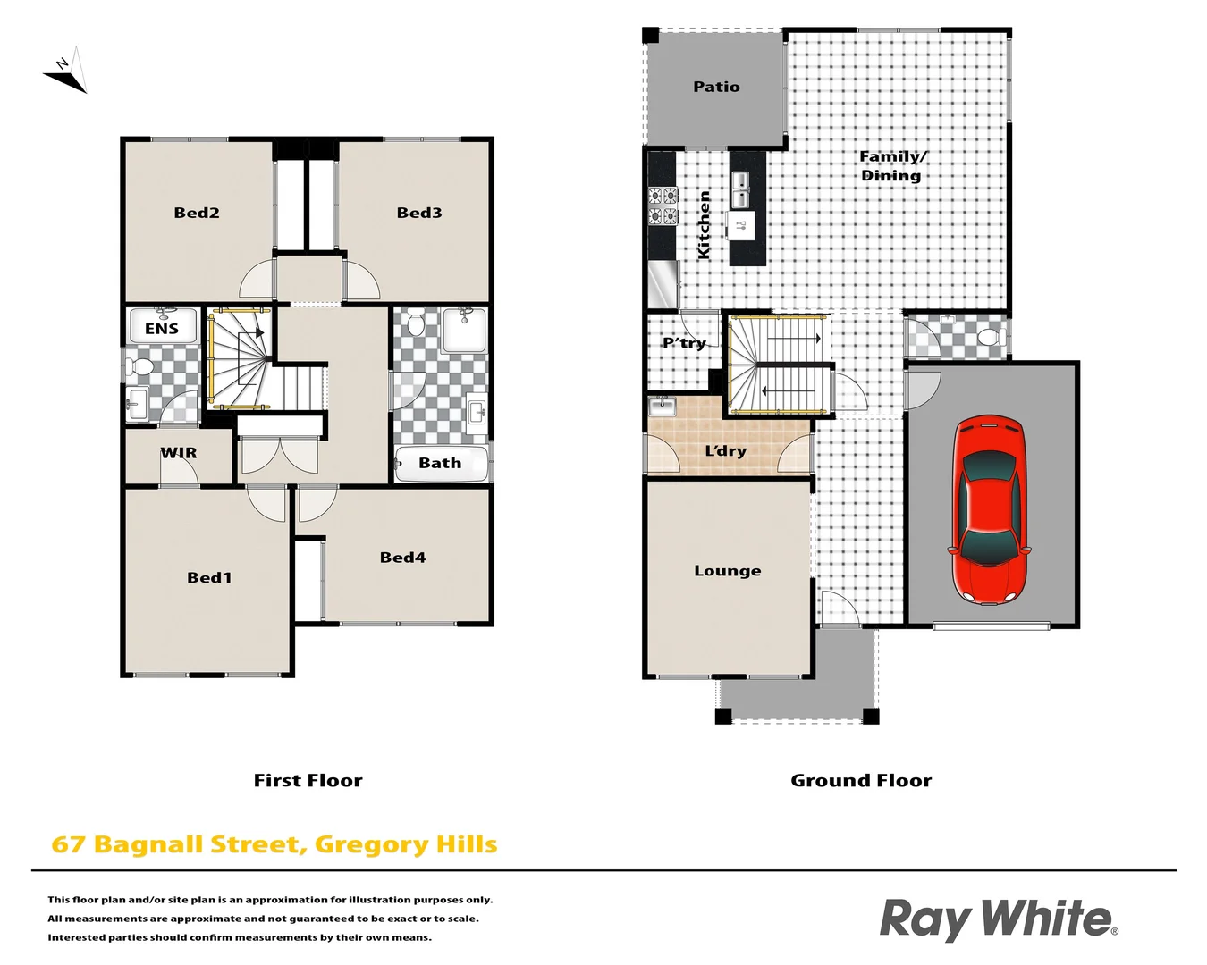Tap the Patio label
[x=716, y=87]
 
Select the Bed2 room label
[x=197, y=213]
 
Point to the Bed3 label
[x=419, y=213]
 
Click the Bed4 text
[x=402, y=558]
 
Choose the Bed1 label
[x=209, y=578]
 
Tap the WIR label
[x=179, y=453]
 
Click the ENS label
[x=162, y=329]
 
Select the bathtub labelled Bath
[x=441, y=464]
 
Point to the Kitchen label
[x=704, y=225]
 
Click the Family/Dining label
[x=892, y=166]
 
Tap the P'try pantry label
[x=684, y=343]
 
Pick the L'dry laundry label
[x=725, y=451]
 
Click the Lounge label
[x=728, y=571]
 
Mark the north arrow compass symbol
[x=66, y=71]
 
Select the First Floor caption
[x=308, y=781]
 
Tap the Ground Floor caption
[x=861, y=781]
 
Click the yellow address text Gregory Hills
[x=406, y=845]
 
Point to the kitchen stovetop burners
[x=663, y=206]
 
